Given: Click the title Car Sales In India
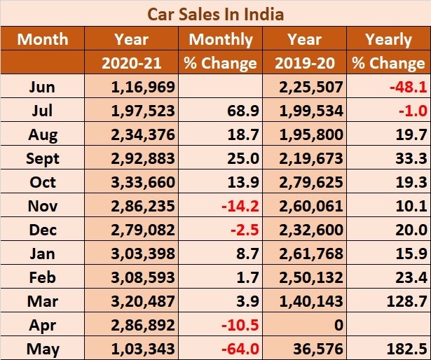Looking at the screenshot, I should tap(215, 13).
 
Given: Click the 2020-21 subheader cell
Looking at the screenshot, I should tap(132, 62).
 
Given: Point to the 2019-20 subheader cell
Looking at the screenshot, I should tap(304, 62).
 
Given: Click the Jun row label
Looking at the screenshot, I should tap(43, 87).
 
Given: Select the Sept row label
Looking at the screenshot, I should tap(43, 158).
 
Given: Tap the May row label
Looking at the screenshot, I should tap(43, 347).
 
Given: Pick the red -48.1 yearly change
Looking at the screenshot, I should tap(408, 87).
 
